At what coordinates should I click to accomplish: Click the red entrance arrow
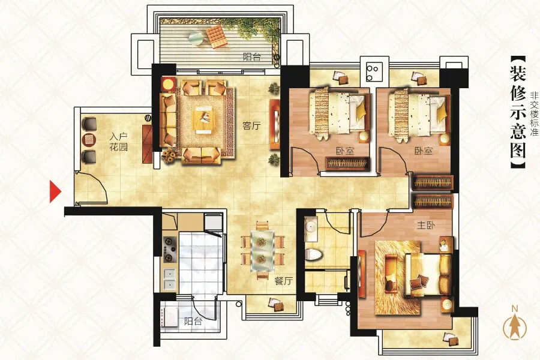point(55,191)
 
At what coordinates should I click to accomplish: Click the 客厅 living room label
point(251,126)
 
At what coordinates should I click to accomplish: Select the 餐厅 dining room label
point(283,281)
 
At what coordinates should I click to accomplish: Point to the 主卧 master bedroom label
point(426,226)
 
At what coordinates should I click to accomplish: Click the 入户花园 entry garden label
point(118,142)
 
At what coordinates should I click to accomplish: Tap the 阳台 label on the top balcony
point(252,57)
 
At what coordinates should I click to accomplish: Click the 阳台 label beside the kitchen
point(193,322)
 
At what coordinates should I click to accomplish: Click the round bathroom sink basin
point(311,227)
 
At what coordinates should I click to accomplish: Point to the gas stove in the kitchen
point(169,249)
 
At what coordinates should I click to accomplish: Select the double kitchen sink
point(169,280)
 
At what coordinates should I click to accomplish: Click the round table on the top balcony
point(196,38)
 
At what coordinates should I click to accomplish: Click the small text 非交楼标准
point(534,113)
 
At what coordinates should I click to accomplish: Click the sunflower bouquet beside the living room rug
point(169,157)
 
